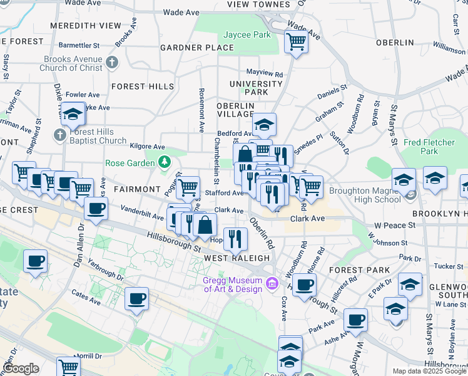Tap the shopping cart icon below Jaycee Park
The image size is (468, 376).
click(295, 43)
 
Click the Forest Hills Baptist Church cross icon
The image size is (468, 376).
click(59, 134)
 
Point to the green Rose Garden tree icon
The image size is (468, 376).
click(164, 163)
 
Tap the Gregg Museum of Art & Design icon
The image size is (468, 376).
click(272, 284)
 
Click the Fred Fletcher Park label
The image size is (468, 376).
click(429, 147)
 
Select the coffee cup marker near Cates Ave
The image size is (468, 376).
click(136, 299)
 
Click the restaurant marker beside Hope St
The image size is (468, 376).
click(235, 239)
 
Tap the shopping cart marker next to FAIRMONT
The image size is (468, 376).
click(187, 187)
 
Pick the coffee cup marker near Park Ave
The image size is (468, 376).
click(355, 320)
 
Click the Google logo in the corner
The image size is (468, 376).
click(21, 368)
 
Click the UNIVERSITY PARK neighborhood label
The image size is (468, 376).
click(256, 88)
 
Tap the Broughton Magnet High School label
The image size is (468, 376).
click(365, 196)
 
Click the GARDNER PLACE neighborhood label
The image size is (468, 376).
click(188, 48)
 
